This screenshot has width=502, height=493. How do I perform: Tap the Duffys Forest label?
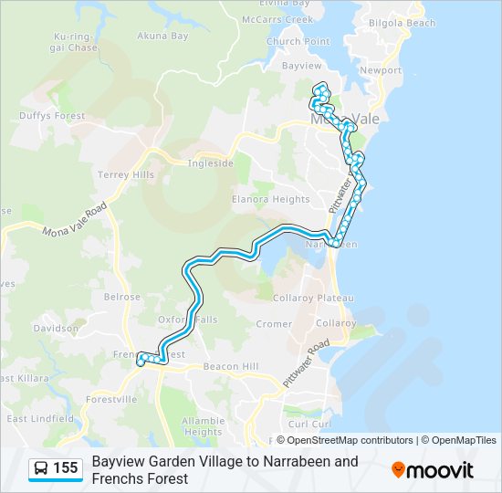click(52, 116)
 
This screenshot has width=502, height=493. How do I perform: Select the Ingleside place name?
click(210, 163)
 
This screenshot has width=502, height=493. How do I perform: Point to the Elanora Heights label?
click(270, 198)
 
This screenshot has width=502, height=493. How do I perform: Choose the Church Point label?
click(298, 42)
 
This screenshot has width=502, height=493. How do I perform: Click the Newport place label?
click(381, 70)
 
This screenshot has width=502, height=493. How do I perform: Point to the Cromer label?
click(274, 324)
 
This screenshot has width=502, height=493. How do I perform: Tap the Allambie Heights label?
click(203, 426)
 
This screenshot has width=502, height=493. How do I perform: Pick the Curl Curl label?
click(307, 424)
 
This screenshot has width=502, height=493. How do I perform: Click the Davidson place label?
click(56, 328)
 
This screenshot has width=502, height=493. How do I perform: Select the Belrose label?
click(122, 297)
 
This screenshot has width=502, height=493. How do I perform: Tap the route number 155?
click(66, 468)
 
